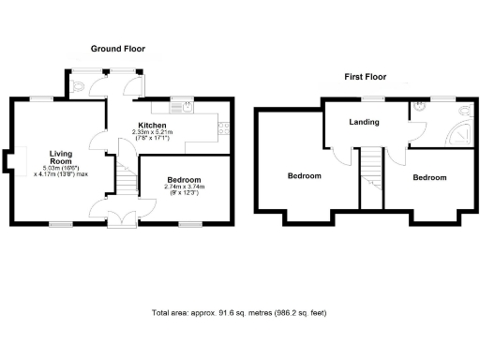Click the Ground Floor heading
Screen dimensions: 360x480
click(117, 48)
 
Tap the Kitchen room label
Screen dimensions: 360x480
click(152, 125)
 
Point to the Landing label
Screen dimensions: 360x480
click(364, 121)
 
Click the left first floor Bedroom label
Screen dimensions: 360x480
click(304, 175)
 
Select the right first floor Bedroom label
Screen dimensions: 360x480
click(428, 176)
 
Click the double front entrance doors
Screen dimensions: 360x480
click(120, 218)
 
